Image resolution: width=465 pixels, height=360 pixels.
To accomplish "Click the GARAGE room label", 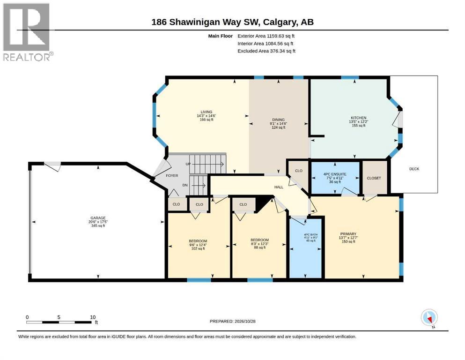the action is pyautogui.click(x=98, y=218).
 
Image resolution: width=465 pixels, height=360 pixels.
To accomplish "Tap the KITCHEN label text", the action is pyautogui.click(x=359, y=118).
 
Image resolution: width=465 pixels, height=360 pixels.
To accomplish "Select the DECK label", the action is pyautogui.click(x=414, y=169).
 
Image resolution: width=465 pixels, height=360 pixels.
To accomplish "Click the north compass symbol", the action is pyautogui.click(x=429, y=318).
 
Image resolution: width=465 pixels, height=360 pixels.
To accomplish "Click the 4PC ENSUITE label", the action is pyautogui.click(x=335, y=174).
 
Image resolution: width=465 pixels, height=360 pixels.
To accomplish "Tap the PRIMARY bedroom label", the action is pyautogui.click(x=348, y=234).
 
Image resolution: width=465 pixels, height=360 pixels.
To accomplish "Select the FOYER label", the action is pyautogui.click(x=172, y=176).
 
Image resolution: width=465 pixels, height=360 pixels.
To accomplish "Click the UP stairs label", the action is pyautogui.click(x=188, y=164).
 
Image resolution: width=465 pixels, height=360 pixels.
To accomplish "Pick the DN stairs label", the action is pyautogui.click(x=185, y=185).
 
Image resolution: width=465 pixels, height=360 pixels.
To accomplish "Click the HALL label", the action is pyautogui.click(x=279, y=187).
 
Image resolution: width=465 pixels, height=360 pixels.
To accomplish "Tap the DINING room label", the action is pyautogui.click(x=278, y=120).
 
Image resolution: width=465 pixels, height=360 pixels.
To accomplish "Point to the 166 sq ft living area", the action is pyautogui.click(x=207, y=120).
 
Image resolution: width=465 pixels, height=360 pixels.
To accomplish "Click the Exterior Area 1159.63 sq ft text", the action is pyautogui.click(x=266, y=36).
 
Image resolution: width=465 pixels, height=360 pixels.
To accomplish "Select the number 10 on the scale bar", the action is pyautogui.click(x=93, y=317).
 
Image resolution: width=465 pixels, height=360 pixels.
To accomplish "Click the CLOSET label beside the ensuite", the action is pyautogui.click(x=374, y=178).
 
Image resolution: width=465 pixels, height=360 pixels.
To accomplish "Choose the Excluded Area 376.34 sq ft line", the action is pyautogui.click(x=266, y=51).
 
